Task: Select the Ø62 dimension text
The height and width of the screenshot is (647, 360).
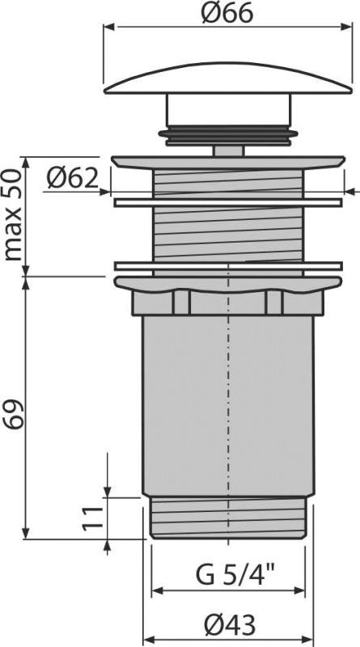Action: (74, 176)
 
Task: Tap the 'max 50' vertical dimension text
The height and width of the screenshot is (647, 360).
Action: (13, 214)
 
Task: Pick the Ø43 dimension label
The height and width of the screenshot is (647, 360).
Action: (229, 624)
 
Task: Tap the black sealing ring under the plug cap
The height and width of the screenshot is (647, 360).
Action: (230, 134)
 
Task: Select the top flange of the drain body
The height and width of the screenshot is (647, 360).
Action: (230, 162)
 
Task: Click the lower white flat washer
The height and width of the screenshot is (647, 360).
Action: (230, 265)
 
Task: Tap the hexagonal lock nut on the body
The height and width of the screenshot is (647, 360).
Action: (230, 303)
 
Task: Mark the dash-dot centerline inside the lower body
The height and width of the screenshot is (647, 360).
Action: (230, 404)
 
